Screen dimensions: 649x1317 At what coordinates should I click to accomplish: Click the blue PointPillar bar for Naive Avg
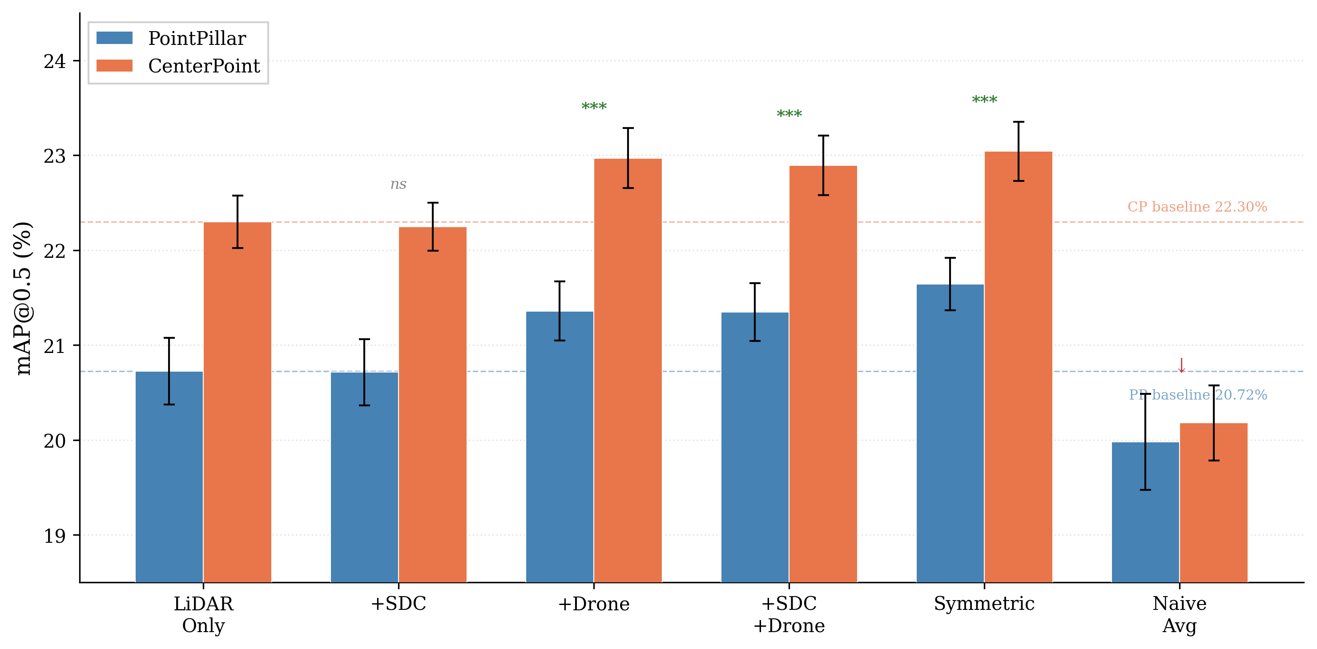[x=1145, y=512]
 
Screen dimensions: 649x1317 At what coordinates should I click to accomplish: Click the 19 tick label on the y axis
[x=55, y=536]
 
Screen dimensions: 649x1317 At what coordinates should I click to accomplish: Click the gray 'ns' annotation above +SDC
[x=398, y=184]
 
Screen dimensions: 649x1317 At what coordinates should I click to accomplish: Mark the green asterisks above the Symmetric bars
[x=984, y=100]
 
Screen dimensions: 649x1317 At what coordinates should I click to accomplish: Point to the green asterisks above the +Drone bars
[x=594, y=106]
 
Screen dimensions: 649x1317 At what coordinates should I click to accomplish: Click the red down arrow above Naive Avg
[x=1181, y=365]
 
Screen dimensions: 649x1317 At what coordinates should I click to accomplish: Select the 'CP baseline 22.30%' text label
[x=1197, y=207]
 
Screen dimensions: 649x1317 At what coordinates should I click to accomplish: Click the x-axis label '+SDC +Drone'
[x=789, y=614]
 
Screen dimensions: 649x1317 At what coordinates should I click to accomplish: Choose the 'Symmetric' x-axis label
[x=984, y=604]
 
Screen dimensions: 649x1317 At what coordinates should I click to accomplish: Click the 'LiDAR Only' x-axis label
[x=203, y=614]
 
